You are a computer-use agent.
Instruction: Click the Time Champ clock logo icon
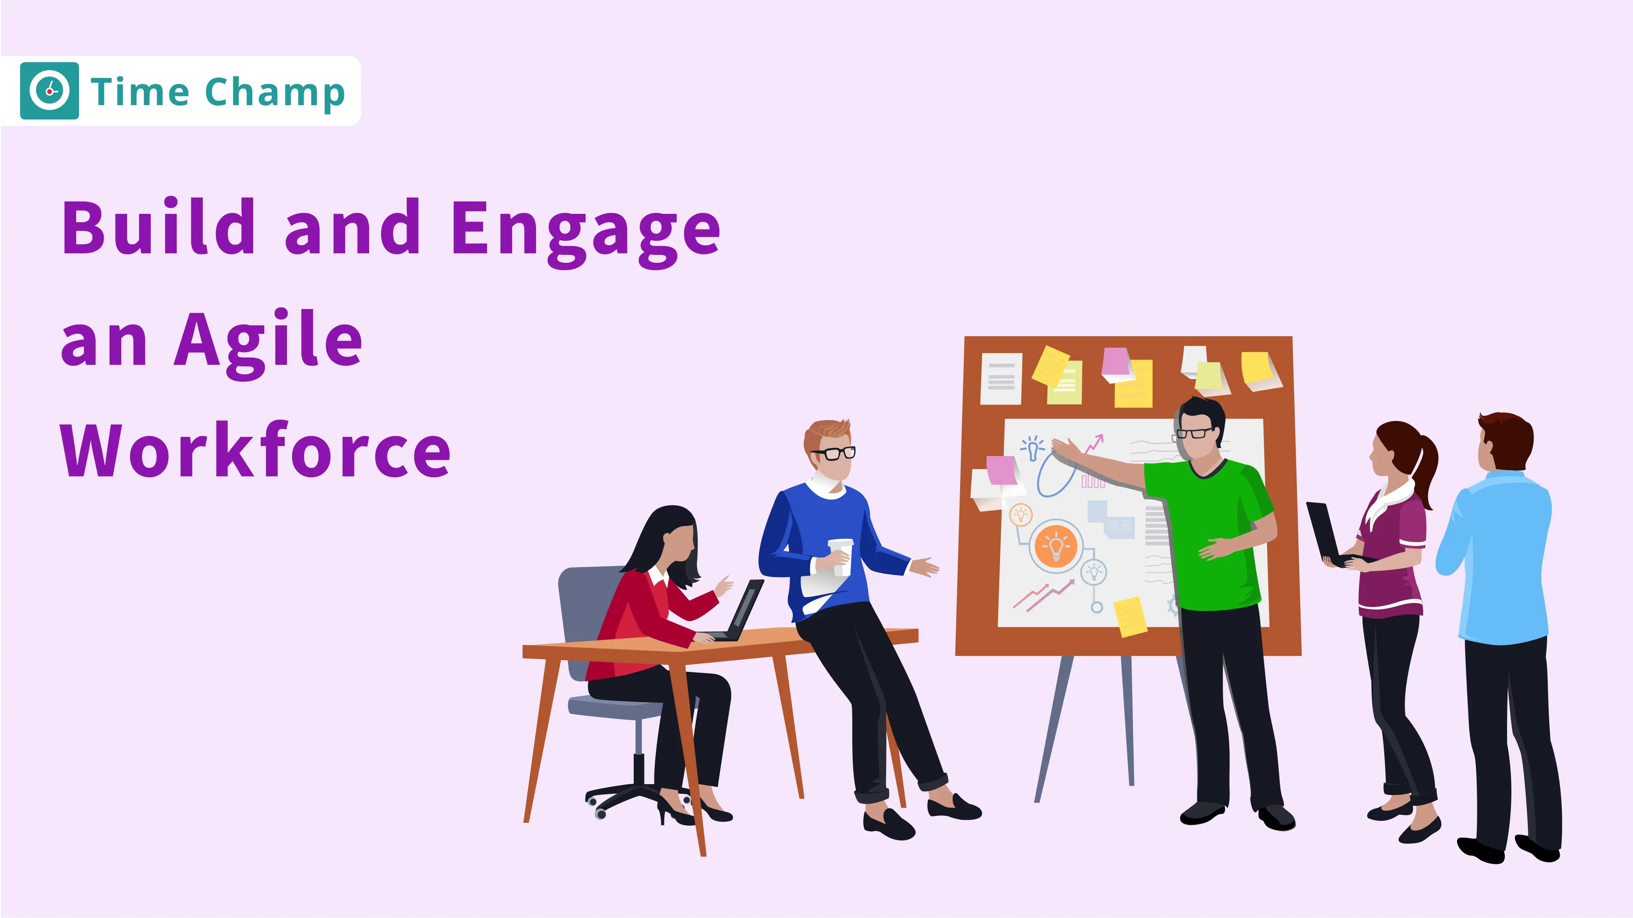(49, 90)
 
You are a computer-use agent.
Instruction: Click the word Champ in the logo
(275, 93)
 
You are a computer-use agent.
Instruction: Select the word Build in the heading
(159, 227)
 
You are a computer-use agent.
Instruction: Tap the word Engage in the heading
(585, 229)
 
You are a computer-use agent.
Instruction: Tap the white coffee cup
(841, 556)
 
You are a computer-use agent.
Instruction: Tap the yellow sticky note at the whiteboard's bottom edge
(1130, 616)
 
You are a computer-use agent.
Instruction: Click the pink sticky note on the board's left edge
(1001, 470)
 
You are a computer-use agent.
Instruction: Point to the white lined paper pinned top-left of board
(1001, 378)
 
